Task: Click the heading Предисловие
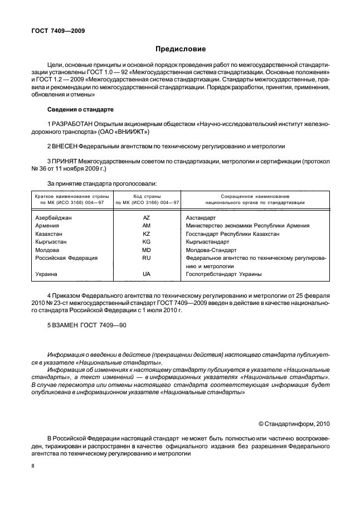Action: [x=179, y=49]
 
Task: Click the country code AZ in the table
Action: [x=147, y=217]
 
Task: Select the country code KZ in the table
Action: [x=147, y=234]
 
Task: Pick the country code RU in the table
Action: [x=147, y=258]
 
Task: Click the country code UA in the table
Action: [x=147, y=274]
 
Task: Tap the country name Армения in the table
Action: [x=47, y=226]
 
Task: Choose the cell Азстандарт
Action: [x=200, y=217]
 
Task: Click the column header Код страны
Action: [x=147, y=197]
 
